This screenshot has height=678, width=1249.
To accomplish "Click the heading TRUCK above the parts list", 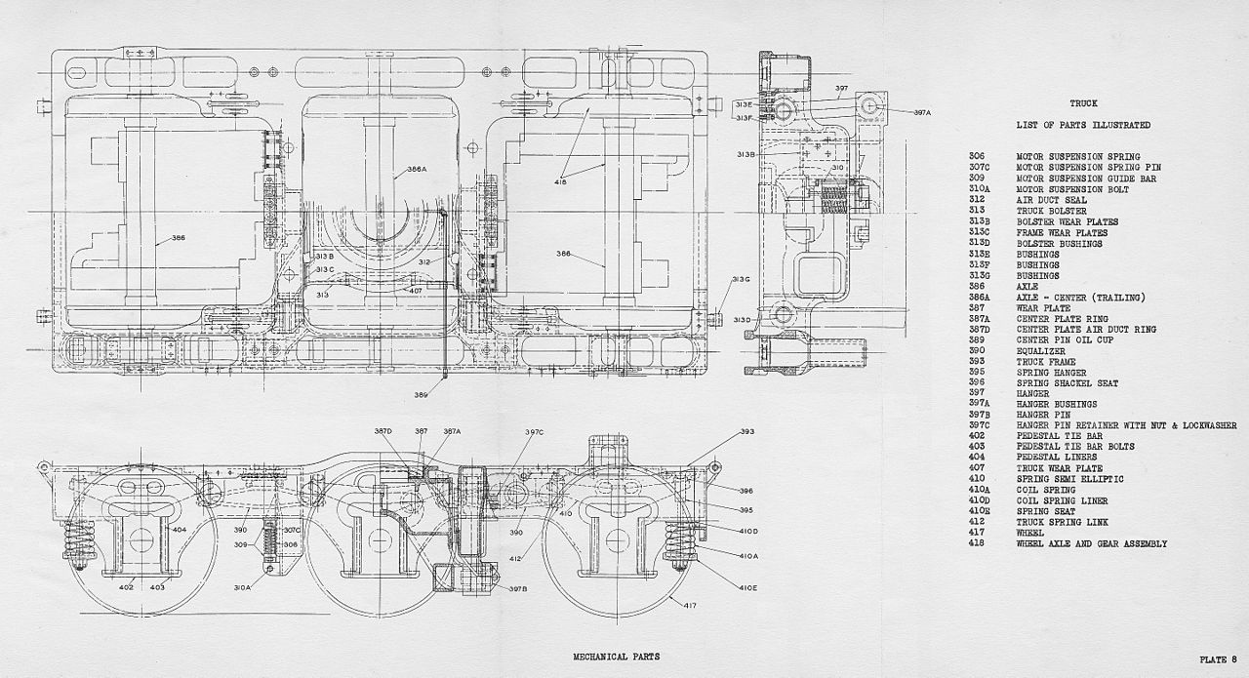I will (1083, 103).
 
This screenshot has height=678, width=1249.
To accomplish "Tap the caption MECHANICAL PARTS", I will (616, 657).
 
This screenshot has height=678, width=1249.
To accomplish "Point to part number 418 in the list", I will (978, 543).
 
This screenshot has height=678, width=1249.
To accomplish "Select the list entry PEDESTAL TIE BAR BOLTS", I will (1075, 447).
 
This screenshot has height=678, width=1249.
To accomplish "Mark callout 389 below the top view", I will (421, 395).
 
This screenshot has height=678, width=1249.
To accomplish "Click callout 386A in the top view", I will (417, 169).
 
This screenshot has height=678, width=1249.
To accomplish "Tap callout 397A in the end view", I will (923, 113).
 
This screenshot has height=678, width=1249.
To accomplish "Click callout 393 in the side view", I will (747, 431).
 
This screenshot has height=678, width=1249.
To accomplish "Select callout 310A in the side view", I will (242, 587).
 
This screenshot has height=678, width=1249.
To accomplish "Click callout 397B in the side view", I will (517, 588).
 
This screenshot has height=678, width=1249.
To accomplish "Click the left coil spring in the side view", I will (79, 543).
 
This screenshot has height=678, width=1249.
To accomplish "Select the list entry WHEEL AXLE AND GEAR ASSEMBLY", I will (1091, 543).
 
